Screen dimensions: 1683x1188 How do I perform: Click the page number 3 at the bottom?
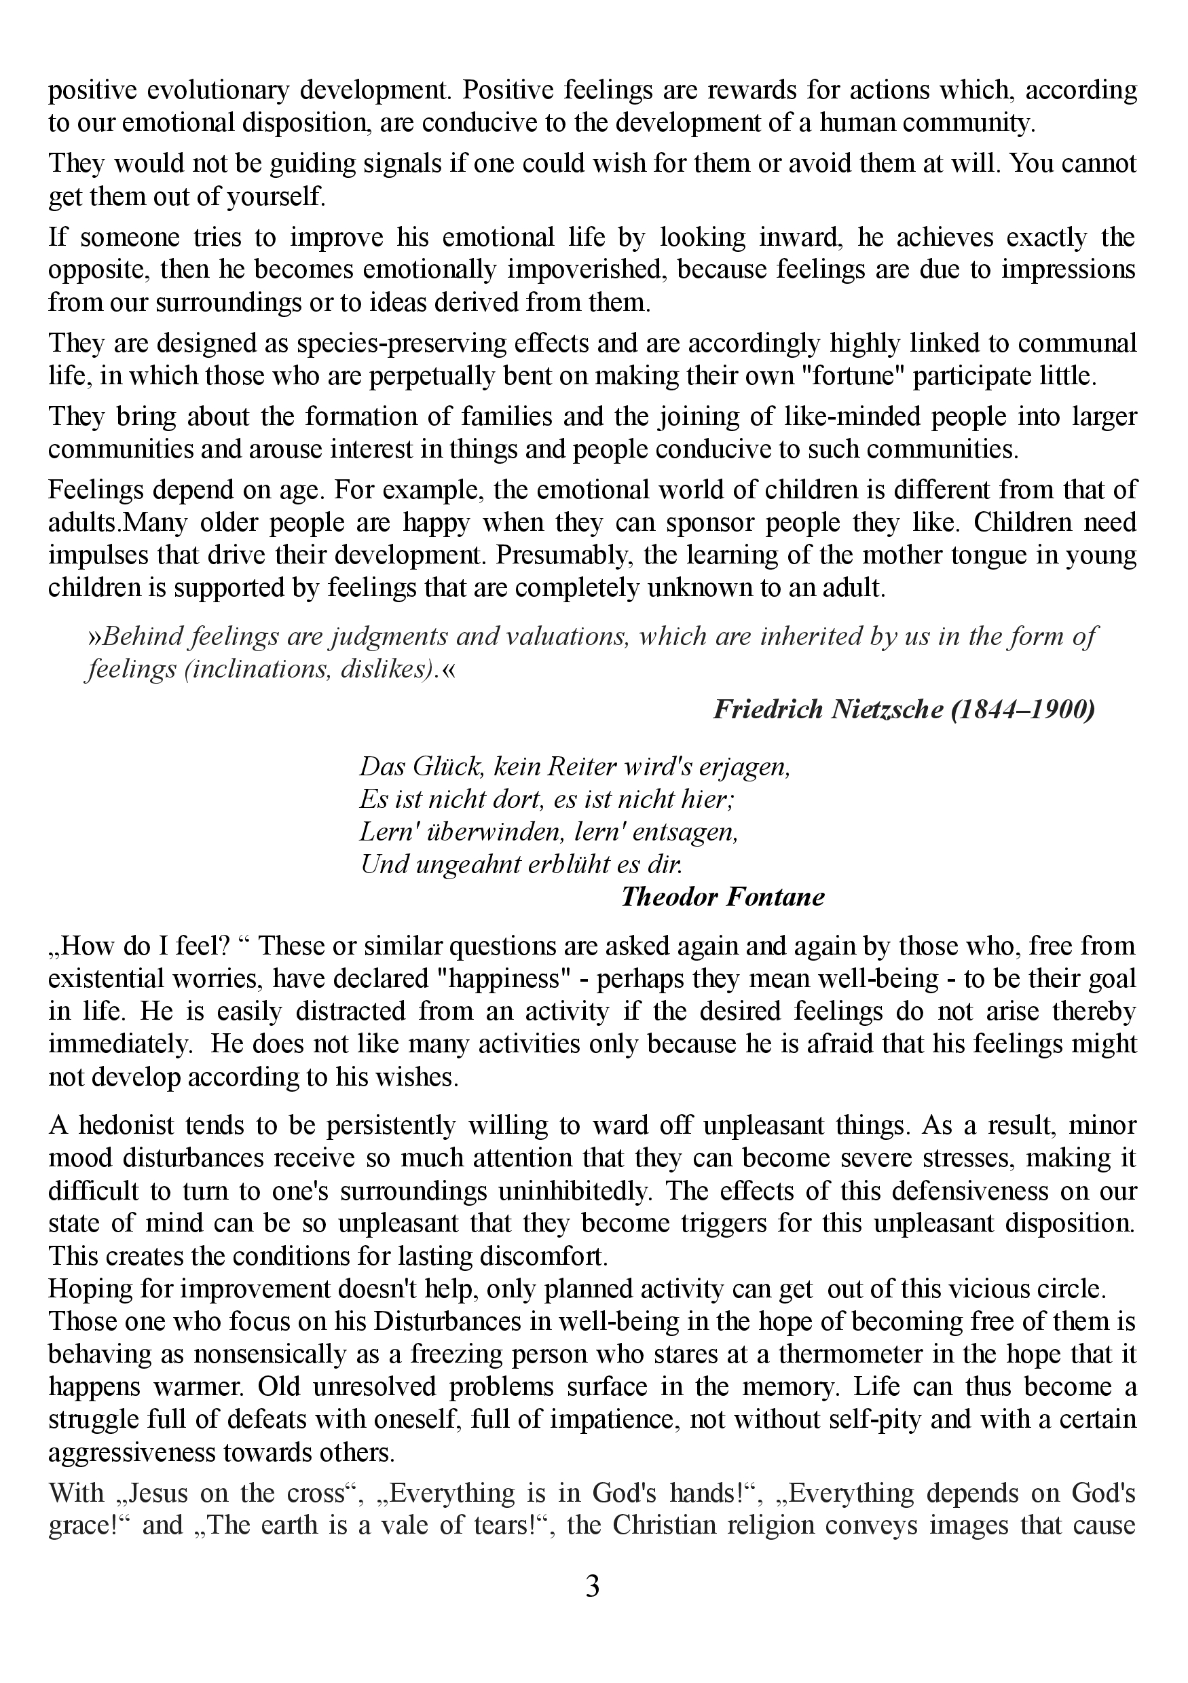tap(593, 1587)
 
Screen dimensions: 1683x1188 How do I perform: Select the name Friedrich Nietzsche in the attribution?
tap(828, 709)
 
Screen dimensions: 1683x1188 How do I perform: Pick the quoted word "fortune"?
tap(848, 376)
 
